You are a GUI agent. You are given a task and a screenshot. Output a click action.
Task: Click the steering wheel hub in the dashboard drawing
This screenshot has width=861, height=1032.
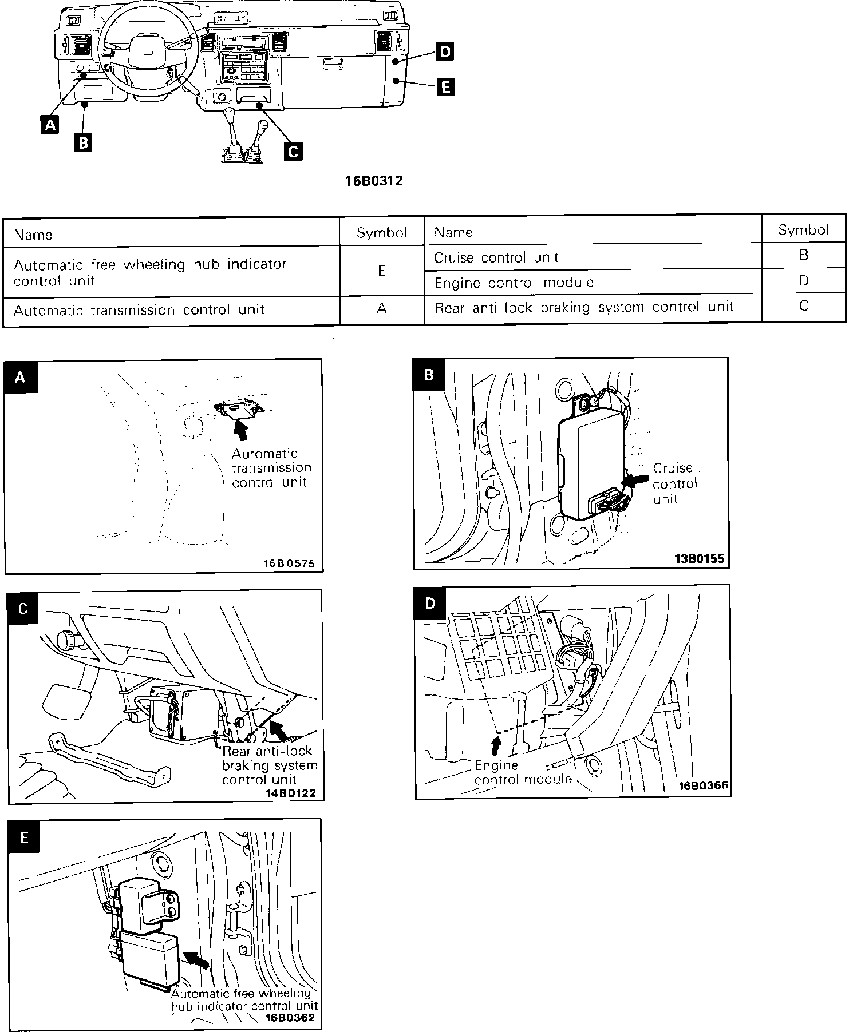(141, 55)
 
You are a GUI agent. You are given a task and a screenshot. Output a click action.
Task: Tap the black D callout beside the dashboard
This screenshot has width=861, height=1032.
(444, 52)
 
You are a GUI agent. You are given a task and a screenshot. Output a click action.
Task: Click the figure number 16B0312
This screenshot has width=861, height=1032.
(374, 181)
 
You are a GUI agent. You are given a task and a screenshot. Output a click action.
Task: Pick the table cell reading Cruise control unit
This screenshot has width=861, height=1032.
(593, 257)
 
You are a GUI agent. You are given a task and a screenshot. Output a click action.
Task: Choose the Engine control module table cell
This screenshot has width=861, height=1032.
(593, 282)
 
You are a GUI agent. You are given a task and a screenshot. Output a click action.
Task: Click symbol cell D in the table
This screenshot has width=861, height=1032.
(803, 280)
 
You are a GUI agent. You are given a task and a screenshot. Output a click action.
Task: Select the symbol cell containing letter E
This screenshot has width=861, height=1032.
(382, 271)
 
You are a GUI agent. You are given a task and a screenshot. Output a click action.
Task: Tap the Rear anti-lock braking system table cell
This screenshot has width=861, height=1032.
(593, 307)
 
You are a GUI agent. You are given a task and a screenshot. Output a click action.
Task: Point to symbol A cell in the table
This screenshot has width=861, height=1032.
(382, 309)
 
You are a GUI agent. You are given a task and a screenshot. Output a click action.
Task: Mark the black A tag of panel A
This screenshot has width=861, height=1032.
(21, 376)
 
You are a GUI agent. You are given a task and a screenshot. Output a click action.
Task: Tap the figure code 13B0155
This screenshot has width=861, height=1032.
(699, 558)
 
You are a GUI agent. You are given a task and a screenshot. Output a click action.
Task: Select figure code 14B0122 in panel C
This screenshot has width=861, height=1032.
(290, 793)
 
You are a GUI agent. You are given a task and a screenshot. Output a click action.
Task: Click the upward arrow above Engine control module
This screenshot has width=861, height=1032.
(496, 746)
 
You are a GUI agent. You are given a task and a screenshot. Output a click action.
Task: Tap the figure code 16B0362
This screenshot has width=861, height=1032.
(290, 1018)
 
